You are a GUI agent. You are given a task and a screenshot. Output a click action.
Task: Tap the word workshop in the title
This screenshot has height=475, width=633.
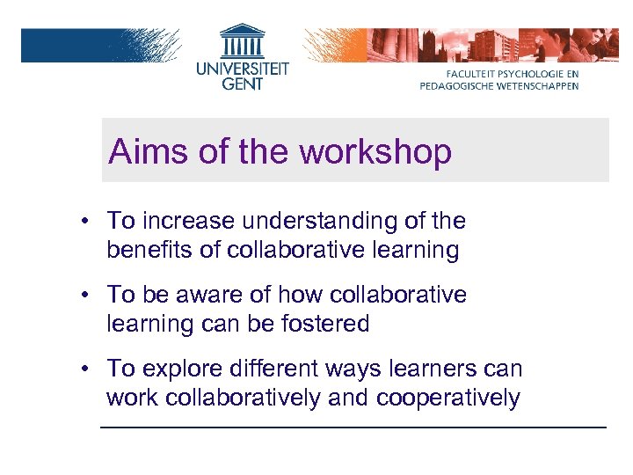pyautogui.click(x=375, y=151)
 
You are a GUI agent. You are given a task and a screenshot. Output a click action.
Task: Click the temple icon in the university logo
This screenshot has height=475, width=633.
pyautogui.click(x=242, y=40)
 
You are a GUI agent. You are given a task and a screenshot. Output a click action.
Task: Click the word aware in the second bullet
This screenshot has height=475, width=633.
pyautogui.click(x=214, y=295)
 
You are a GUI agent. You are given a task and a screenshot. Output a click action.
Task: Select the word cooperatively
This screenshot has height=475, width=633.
pyautogui.click(x=447, y=398)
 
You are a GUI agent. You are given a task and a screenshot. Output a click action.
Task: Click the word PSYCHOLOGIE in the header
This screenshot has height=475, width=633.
pyautogui.click(x=531, y=73)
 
